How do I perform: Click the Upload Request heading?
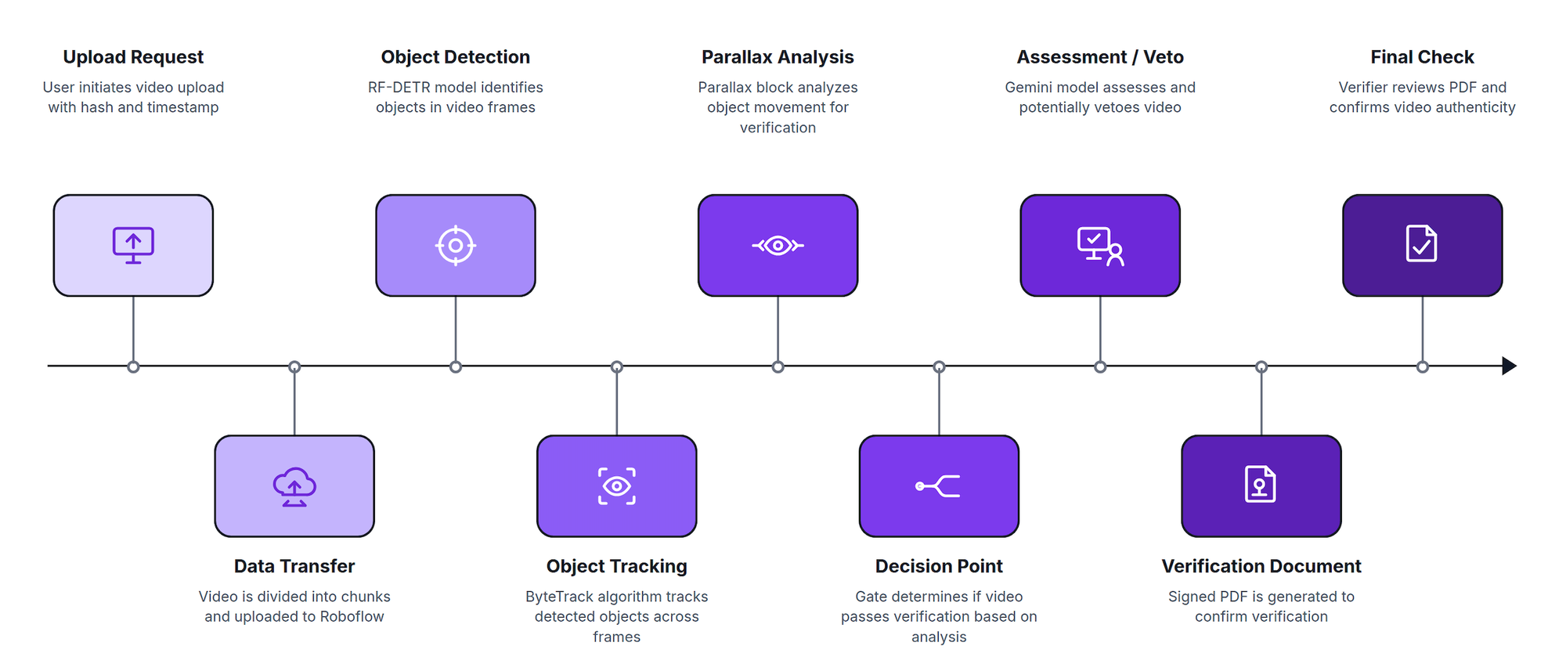coord(133,57)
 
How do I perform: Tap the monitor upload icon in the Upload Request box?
coord(133,245)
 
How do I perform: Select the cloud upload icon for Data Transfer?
coord(294,486)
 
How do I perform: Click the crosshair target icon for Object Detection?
coord(456,245)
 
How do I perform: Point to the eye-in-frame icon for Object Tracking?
coord(617,486)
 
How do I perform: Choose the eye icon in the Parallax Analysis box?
coord(778,246)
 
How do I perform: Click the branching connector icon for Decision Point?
coord(938,486)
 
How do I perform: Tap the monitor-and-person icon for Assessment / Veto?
coord(1100,246)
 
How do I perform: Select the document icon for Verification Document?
coord(1261,484)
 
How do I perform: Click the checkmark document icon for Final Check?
coord(1422,244)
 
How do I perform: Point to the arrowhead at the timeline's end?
coord(1510,366)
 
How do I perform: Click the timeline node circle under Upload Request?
coord(133,366)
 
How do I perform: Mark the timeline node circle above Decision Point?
coord(939,366)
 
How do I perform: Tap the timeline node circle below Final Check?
coord(1423,366)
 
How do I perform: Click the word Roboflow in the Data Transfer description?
coord(352,617)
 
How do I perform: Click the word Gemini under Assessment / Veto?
coord(1029,88)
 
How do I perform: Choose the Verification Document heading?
coord(1261,566)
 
